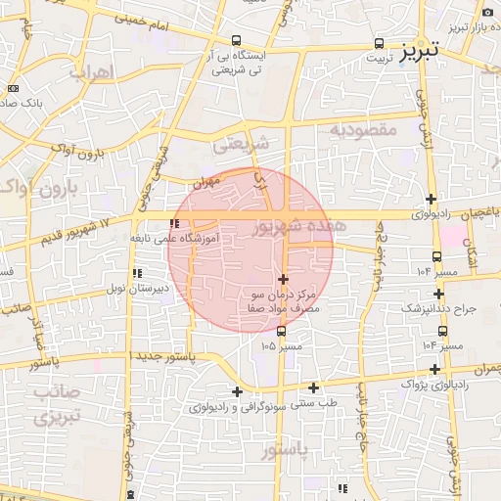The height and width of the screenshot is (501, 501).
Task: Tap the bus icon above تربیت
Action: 379,44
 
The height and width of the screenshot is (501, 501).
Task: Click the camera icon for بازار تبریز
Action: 487,12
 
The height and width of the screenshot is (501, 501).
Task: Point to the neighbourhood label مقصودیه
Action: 362,129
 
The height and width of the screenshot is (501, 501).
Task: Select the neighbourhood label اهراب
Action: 93,71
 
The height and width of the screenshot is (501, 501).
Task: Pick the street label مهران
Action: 203,182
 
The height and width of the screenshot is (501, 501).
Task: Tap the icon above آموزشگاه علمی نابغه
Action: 175,224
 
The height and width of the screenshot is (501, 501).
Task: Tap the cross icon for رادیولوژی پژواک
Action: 434,369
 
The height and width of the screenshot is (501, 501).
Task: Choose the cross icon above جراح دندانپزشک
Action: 439,294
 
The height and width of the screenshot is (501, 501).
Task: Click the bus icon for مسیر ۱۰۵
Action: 282,331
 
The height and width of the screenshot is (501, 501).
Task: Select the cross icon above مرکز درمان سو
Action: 284,279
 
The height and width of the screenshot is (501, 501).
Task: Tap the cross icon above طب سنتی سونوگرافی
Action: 313,387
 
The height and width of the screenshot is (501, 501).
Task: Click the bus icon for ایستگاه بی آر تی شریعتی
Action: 237,41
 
